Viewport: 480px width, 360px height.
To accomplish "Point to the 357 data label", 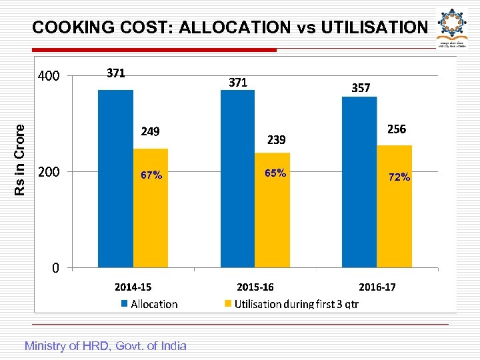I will (x=361, y=87).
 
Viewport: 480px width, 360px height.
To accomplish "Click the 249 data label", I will (x=150, y=131).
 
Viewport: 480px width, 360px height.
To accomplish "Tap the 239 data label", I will (x=276, y=139).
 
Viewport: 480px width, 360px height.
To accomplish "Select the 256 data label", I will (x=396, y=129).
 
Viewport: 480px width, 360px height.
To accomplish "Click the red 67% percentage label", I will (x=151, y=175).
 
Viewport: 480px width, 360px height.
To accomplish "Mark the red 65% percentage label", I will (x=275, y=173).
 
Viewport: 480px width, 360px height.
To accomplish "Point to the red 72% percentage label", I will (x=399, y=177).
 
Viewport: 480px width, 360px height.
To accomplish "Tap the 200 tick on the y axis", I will (x=48, y=172).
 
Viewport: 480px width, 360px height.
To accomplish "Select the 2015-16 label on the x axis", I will (x=255, y=287).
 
